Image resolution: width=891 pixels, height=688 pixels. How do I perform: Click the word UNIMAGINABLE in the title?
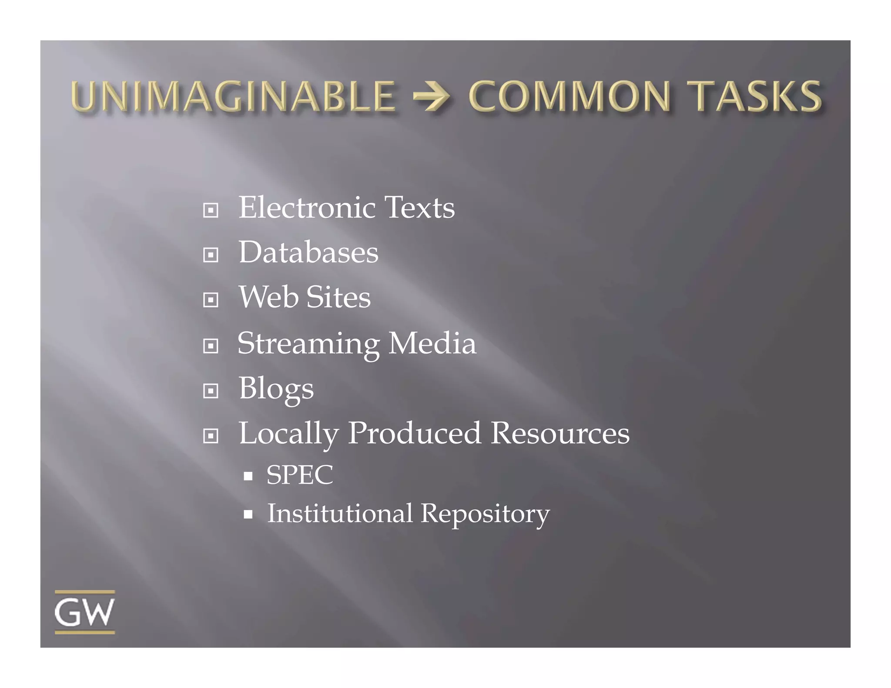233,96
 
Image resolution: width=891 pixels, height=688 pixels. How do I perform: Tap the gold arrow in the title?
432,97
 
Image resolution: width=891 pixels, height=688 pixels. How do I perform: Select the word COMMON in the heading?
569,96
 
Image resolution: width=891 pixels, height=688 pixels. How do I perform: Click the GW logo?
85,612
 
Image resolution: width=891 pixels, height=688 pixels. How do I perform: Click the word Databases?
308,252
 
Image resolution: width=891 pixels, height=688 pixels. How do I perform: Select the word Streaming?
308,344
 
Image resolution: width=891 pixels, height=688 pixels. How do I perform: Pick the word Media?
432,343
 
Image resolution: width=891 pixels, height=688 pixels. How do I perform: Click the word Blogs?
276,389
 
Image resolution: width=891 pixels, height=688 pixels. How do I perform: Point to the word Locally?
288,434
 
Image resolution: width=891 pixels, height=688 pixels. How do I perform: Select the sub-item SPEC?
299,474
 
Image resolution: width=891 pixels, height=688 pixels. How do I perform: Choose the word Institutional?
340,513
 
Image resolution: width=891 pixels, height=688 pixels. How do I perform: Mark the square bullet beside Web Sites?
211,300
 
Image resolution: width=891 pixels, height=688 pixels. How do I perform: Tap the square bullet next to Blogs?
211,391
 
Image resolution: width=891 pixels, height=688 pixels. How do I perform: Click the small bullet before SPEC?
248,476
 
